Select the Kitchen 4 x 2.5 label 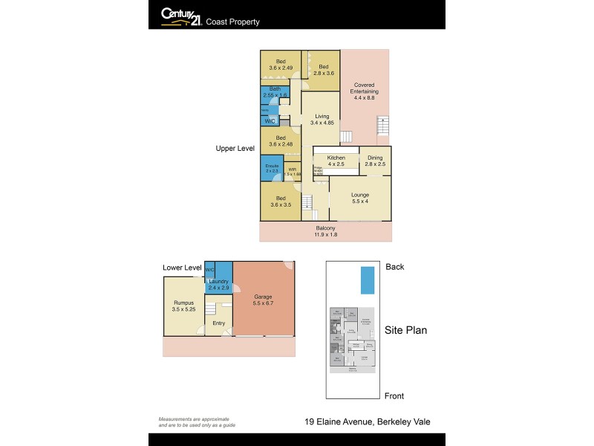pyautogui.click(x=336, y=161)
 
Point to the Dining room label pyautogui.click(x=375, y=161)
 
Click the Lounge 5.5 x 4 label pyautogui.click(x=359, y=198)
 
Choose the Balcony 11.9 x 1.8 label pyautogui.click(x=325, y=231)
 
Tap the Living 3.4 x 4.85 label pyautogui.click(x=322, y=120)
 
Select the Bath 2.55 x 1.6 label pyautogui.click(x=273, y=92)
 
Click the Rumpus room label pyautogui.click(x=183, y=306)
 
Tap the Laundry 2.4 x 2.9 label pyautogui.click(x=218, y=284)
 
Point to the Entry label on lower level pyautogui.click(x=218, y=323)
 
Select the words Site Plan pyautogui.click(x=405, y=331)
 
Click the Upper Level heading pyautogui.click(x=235, y=149)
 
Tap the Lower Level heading pyautogui.click(x=182, y=267)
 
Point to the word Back pyautogui.click(x=394, y=267)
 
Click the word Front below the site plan pyautogui.click(x=394, y=395)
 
